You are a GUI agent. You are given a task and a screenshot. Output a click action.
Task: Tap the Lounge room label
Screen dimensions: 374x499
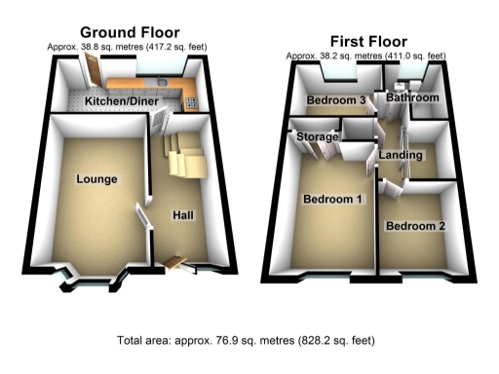pos(96,179)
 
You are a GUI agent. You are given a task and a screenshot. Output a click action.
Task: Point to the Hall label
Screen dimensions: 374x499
pos(183,215)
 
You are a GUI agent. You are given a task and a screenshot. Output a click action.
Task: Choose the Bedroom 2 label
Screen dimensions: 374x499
pos(415,226)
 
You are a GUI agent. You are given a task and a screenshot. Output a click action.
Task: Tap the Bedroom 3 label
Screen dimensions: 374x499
pos(336,100)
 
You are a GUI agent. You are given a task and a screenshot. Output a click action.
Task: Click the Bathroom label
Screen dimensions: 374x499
pos(410,98)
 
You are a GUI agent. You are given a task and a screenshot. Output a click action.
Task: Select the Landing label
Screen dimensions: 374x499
pos(403,156)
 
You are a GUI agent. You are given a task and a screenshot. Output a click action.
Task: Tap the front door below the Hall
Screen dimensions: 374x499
pos(176,261)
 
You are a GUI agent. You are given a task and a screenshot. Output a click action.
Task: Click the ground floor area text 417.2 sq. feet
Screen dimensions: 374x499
pos(173,47)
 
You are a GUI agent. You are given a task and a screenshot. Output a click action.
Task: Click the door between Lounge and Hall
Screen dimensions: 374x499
pos(142,223)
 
